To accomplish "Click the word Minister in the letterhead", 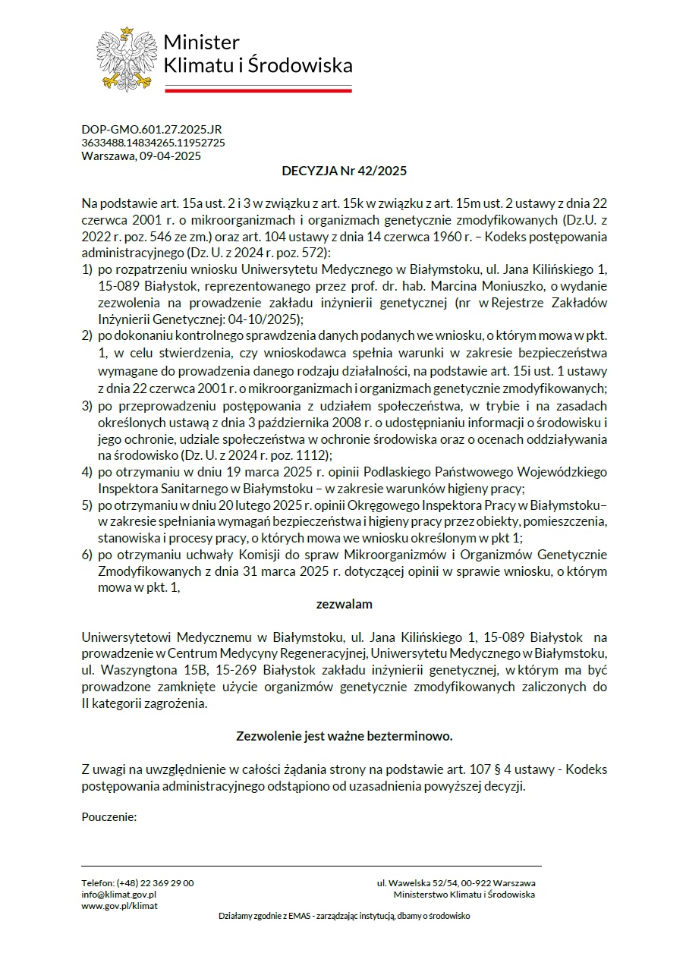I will point(201,42).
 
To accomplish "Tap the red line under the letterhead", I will point(258,89).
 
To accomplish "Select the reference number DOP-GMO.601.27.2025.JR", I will point(151,130).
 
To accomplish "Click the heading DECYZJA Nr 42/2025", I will point(344,171).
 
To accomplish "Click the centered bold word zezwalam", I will point(344,605).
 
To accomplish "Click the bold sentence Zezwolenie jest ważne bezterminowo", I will point(344,736).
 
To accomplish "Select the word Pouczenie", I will point(109,817).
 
